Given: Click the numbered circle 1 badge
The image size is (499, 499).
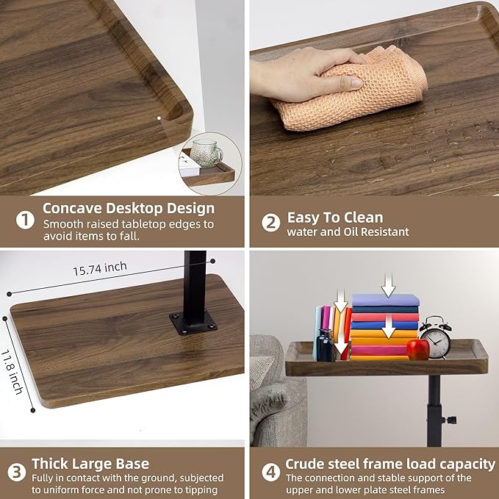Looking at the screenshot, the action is coord(25,220).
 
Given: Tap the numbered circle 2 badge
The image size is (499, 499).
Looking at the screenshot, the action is coord(271,223).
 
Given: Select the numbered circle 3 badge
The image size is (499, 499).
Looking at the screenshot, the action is coord(17,472).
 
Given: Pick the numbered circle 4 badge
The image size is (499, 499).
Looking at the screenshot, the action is coord(271,472).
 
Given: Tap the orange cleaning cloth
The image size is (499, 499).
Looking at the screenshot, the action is coord(350,90).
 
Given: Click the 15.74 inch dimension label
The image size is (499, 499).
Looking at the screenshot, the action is coord(100,268).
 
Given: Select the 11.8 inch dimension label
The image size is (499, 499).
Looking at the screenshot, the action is coord(12,372).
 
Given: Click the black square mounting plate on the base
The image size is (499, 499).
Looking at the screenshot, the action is coord(193,323).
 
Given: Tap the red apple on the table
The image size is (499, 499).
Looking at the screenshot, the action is coord(418,349).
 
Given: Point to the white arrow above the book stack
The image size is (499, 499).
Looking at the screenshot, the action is coord(388,284).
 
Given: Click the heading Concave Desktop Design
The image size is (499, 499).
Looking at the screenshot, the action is coord(129,209).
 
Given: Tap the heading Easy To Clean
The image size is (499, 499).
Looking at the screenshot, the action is coord(335,218).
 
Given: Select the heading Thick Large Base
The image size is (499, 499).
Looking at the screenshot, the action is coord(90,464).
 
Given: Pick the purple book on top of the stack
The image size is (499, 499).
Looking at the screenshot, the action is coord(386,300).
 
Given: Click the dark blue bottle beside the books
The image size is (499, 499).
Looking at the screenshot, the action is coord(326,346).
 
